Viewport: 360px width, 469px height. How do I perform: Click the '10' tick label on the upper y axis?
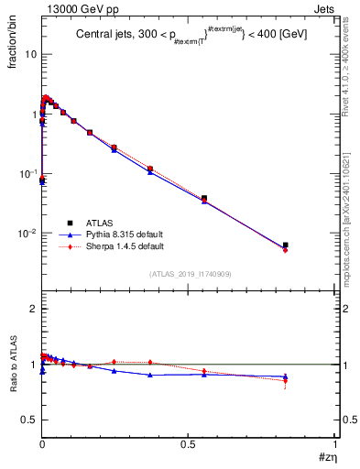(30, 54)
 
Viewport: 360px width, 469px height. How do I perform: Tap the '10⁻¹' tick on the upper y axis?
(27, 173)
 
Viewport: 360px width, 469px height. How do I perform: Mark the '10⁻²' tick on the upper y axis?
(27, 233)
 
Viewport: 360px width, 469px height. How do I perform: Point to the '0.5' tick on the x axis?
(188, 442)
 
